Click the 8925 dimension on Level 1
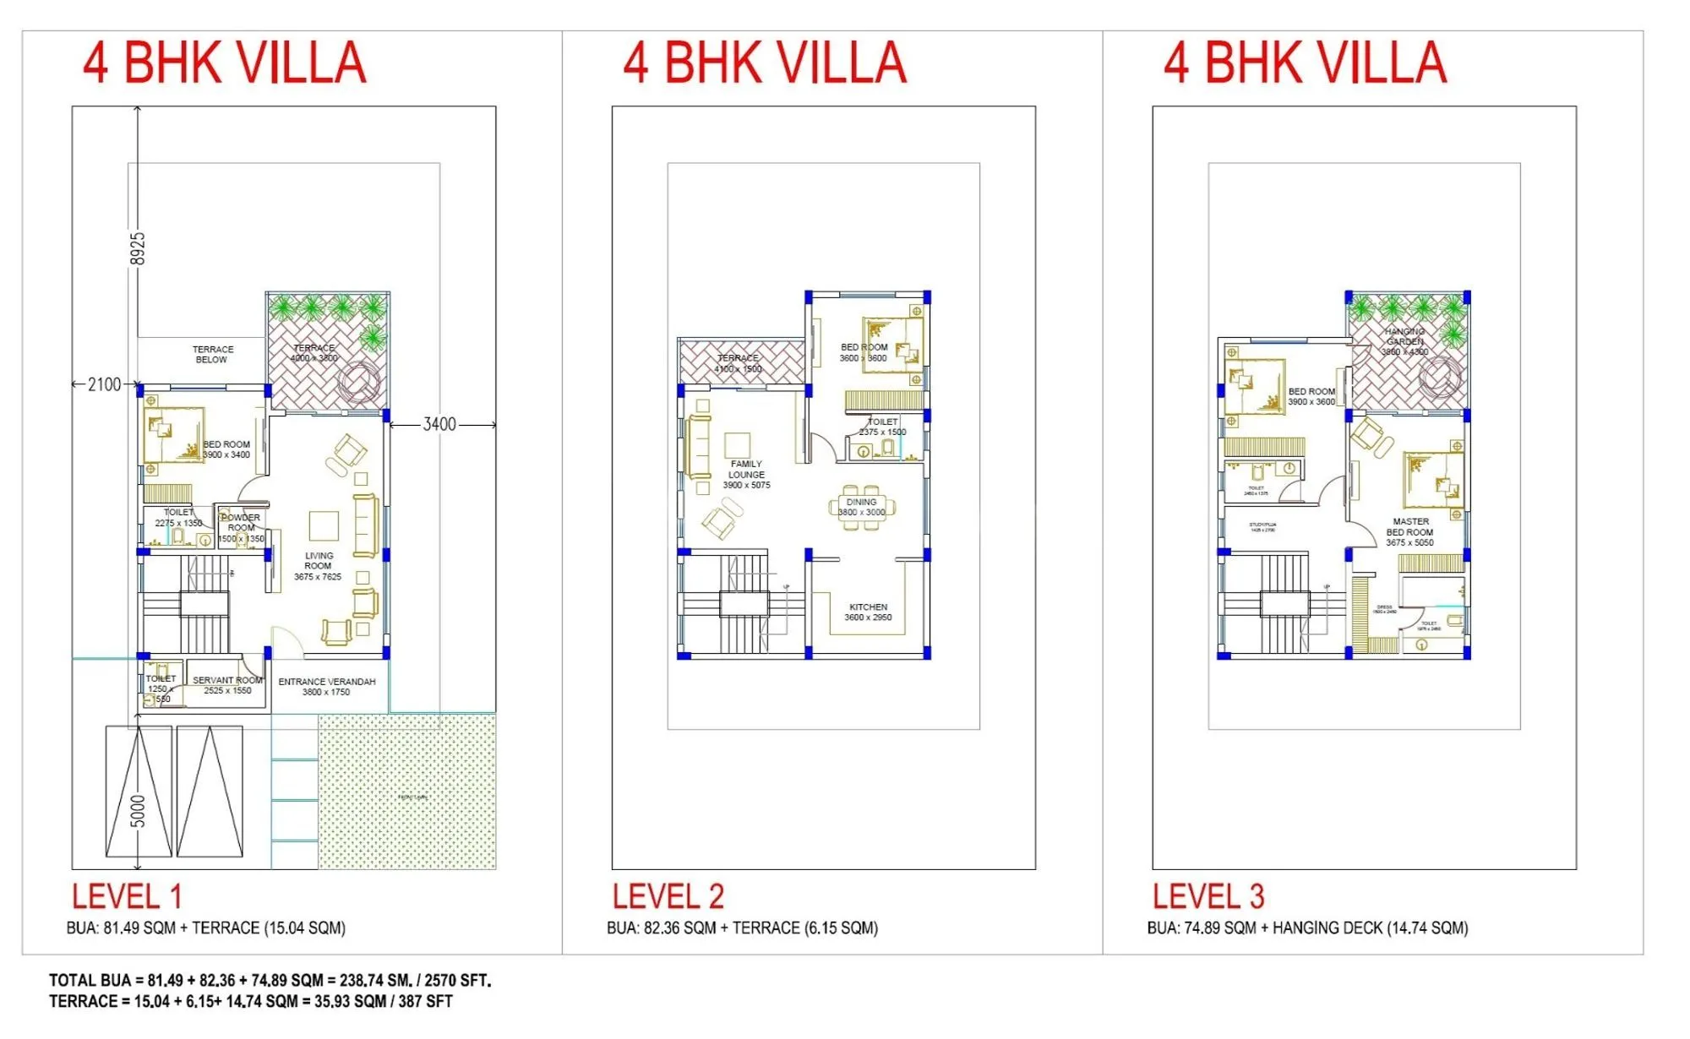138,248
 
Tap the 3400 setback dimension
439,424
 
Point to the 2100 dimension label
105,385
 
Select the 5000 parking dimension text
138,811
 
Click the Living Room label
318,566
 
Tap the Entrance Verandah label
327,687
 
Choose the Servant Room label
227,685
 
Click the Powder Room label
241,527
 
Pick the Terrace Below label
212,354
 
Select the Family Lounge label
746,474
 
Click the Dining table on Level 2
862,508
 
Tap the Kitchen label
869,612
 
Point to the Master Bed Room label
1410,531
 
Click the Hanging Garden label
1404,341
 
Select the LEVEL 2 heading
668,896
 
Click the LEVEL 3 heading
1208,896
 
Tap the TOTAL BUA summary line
270,981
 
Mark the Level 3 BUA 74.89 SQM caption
1307,928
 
